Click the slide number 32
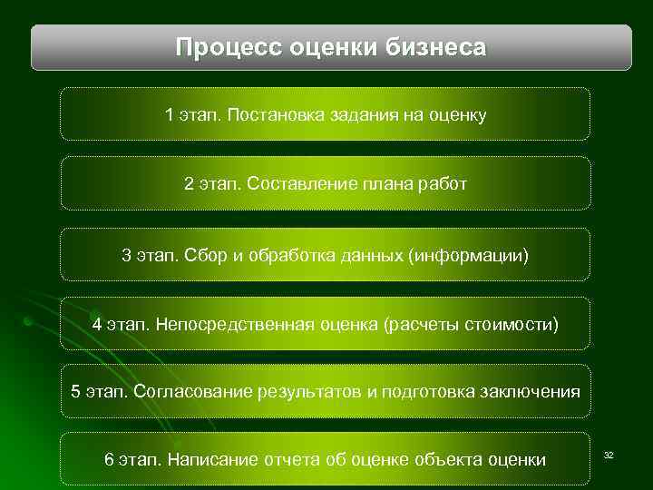click(x=609, y=453)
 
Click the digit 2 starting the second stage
click(x=189, y=184)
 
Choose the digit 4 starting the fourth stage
click(x=97, y=324)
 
